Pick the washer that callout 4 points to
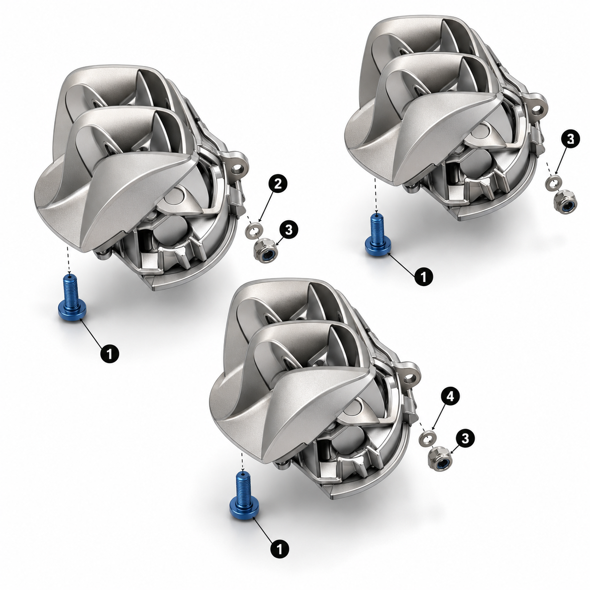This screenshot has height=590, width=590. click(427, 438)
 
